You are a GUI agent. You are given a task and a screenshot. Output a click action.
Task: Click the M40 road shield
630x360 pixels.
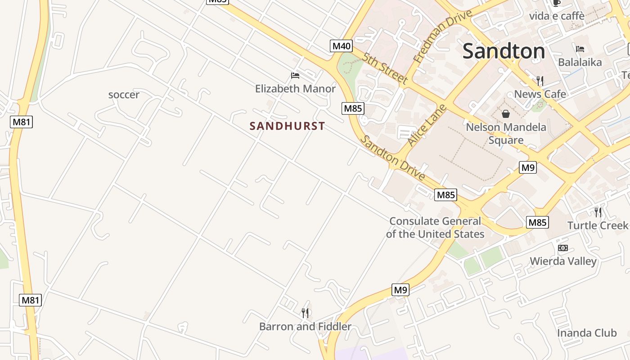[341, 45]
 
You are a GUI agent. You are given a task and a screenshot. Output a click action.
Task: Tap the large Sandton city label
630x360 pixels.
[504, 51]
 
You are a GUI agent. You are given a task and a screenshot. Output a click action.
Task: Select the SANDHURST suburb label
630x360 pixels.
[287, 126]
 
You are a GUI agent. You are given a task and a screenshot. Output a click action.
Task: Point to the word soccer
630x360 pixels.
[124, 95]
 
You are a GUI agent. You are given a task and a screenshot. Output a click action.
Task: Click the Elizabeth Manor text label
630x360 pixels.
[295, 89]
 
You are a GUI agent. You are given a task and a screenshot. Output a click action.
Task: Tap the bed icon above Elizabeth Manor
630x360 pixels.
[295, 75]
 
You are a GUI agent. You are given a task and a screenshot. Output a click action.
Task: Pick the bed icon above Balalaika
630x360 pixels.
[580, 49]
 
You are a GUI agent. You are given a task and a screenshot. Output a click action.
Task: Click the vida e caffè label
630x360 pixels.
[557, 16]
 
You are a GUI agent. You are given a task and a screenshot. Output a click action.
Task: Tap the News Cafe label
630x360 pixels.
[540, 94]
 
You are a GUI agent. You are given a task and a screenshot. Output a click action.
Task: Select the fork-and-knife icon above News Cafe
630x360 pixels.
[540, 81]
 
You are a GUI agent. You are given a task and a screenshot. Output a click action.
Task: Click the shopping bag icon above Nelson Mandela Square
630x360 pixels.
[506, 114]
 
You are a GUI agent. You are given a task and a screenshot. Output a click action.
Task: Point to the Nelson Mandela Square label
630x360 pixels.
[506, 133]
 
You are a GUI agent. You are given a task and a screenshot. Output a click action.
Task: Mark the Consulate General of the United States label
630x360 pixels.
[435, 227]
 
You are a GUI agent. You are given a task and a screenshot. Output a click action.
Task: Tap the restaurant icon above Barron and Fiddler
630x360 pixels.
[305, 313]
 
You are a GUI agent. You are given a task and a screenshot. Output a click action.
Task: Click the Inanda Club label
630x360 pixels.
[587, 333]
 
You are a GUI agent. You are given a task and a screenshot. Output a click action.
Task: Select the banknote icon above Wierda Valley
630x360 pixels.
[562, 248]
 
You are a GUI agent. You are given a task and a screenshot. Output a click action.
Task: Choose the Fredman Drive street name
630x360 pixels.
[442, 36]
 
